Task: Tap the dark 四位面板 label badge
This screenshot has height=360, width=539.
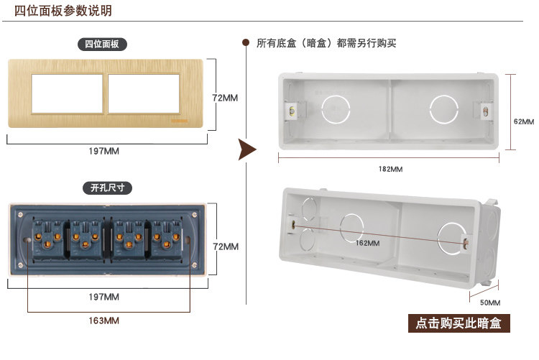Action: (102, 45)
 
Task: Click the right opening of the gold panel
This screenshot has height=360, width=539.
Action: (143, 93)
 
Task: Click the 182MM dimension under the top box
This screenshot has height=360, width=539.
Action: (390, 169)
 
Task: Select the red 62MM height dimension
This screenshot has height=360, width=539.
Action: (525, 121)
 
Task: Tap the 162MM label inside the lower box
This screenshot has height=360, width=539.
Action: (367, 243)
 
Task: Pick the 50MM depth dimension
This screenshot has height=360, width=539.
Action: (489, 303)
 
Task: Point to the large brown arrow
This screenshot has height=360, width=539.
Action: (247, 149)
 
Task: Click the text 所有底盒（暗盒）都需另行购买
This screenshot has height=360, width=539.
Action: (326, 43)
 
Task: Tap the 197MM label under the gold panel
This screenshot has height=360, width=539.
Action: (105, 152)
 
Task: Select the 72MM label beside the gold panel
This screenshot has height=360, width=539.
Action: (226, 98)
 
